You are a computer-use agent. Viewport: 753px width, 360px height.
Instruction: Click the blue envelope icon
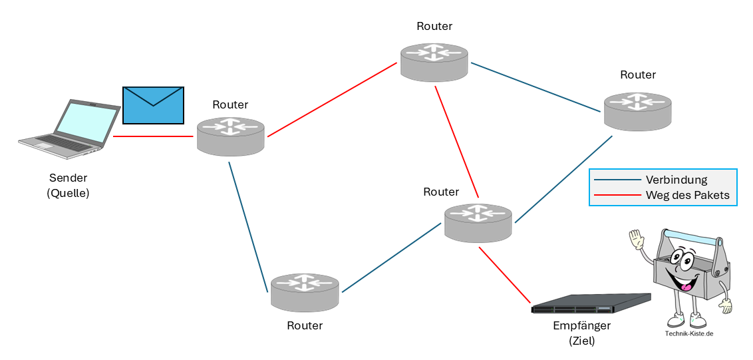153,105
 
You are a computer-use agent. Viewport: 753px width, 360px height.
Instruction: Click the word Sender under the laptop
68,178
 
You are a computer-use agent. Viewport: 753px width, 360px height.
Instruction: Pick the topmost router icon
434,61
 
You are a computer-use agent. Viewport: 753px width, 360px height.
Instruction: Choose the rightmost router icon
638,110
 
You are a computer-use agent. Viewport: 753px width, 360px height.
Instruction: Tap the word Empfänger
581,326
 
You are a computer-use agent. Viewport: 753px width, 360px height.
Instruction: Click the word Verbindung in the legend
676,180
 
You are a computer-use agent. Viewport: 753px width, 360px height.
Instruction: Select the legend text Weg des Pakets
687,196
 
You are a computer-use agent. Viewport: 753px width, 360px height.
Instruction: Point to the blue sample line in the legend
617,180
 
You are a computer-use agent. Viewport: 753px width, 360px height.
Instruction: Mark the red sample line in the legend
617,196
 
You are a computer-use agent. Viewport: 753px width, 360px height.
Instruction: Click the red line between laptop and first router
153,136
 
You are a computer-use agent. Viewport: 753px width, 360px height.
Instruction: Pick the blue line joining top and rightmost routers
535,87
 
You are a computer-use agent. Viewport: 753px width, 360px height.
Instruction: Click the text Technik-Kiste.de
689,334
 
